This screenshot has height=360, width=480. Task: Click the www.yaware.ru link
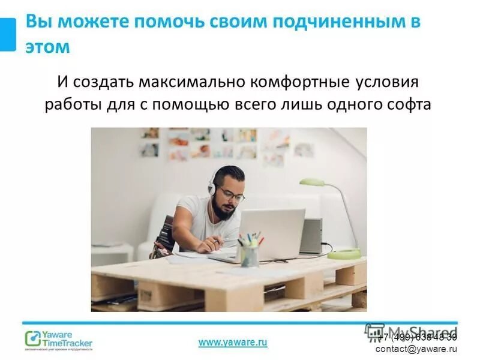coord(233,341)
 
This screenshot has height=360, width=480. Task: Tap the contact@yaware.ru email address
coord(416,349)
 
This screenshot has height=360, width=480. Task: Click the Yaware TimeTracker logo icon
coord(32,339)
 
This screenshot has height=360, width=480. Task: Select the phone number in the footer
coord(416,337)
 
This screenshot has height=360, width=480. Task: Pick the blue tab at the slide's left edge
coord(8,34)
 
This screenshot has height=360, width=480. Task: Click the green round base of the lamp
coord(344,253)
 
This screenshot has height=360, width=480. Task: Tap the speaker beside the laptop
coord(311,235)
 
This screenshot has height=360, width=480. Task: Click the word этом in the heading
coord(47,46)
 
